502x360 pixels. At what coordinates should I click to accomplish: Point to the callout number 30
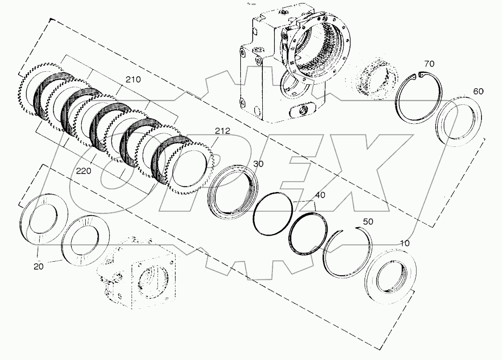[x=258, y=164]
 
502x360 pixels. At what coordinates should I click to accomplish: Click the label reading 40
[x=320, y=195]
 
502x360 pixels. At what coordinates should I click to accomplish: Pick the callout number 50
[x=368, y=221]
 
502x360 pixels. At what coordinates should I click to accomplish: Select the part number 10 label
[x=404, y=243]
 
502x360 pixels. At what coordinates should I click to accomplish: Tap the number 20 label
[x=39, y=266]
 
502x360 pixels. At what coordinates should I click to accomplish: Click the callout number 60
[x=478, y=91]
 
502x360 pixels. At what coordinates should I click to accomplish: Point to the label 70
[x=429, y=64]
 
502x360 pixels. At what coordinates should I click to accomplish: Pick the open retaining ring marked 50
[x=347, y=250]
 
